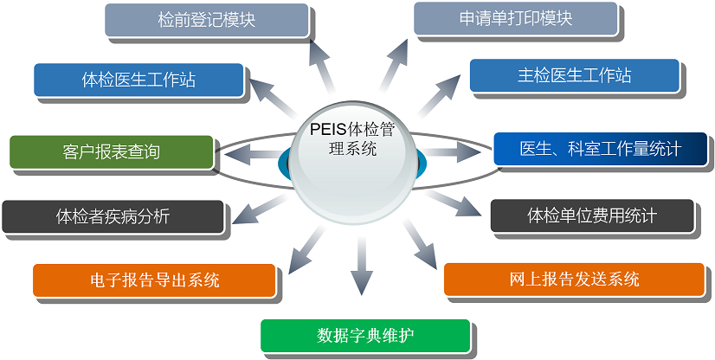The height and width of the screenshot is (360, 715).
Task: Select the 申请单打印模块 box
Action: [515, 18]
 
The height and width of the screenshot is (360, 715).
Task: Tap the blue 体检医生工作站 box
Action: [138, 80]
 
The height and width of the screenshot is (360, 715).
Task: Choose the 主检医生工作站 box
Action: [575, 75]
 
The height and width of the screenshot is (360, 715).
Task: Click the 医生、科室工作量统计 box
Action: [600, 149]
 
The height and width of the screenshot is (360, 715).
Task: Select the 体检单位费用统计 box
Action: [592, 215]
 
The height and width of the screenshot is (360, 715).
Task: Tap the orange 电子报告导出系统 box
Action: [154, 280]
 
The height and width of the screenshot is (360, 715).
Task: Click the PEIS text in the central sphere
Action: [327, 129]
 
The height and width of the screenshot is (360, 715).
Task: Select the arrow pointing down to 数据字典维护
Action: [362, 264]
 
